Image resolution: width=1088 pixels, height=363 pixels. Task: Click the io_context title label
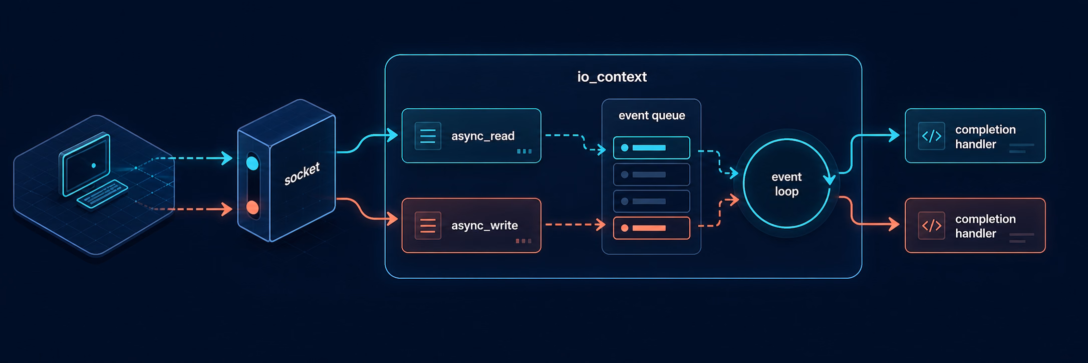[x=612, y=77]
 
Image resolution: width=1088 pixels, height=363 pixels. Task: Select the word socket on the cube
[x=302, y=173]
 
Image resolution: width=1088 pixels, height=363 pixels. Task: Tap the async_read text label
[x=482, y=136]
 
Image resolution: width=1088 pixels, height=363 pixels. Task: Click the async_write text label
[x=484, y=226]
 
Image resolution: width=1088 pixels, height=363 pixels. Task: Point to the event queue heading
[x=652, y=116]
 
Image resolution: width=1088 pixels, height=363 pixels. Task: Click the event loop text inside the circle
[x=786, y=184]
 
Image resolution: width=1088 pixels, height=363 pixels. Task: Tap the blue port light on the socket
[x=252, y=163]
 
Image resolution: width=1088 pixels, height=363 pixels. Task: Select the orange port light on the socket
[x=252, y=208]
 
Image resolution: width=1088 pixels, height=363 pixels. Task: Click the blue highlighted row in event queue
[x=651, y=148]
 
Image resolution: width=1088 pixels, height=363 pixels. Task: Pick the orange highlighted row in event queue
[x=651, y=228]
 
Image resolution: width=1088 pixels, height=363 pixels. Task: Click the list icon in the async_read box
[x=428, y=136]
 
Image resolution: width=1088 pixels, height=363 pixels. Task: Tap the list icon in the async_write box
[x=428, y=226]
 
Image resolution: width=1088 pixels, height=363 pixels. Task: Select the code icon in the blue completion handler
[x=931, y=136]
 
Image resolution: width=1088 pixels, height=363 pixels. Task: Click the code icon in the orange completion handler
[x=931, y=226]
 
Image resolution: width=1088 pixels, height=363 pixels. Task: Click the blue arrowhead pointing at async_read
[x=392, y=134]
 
